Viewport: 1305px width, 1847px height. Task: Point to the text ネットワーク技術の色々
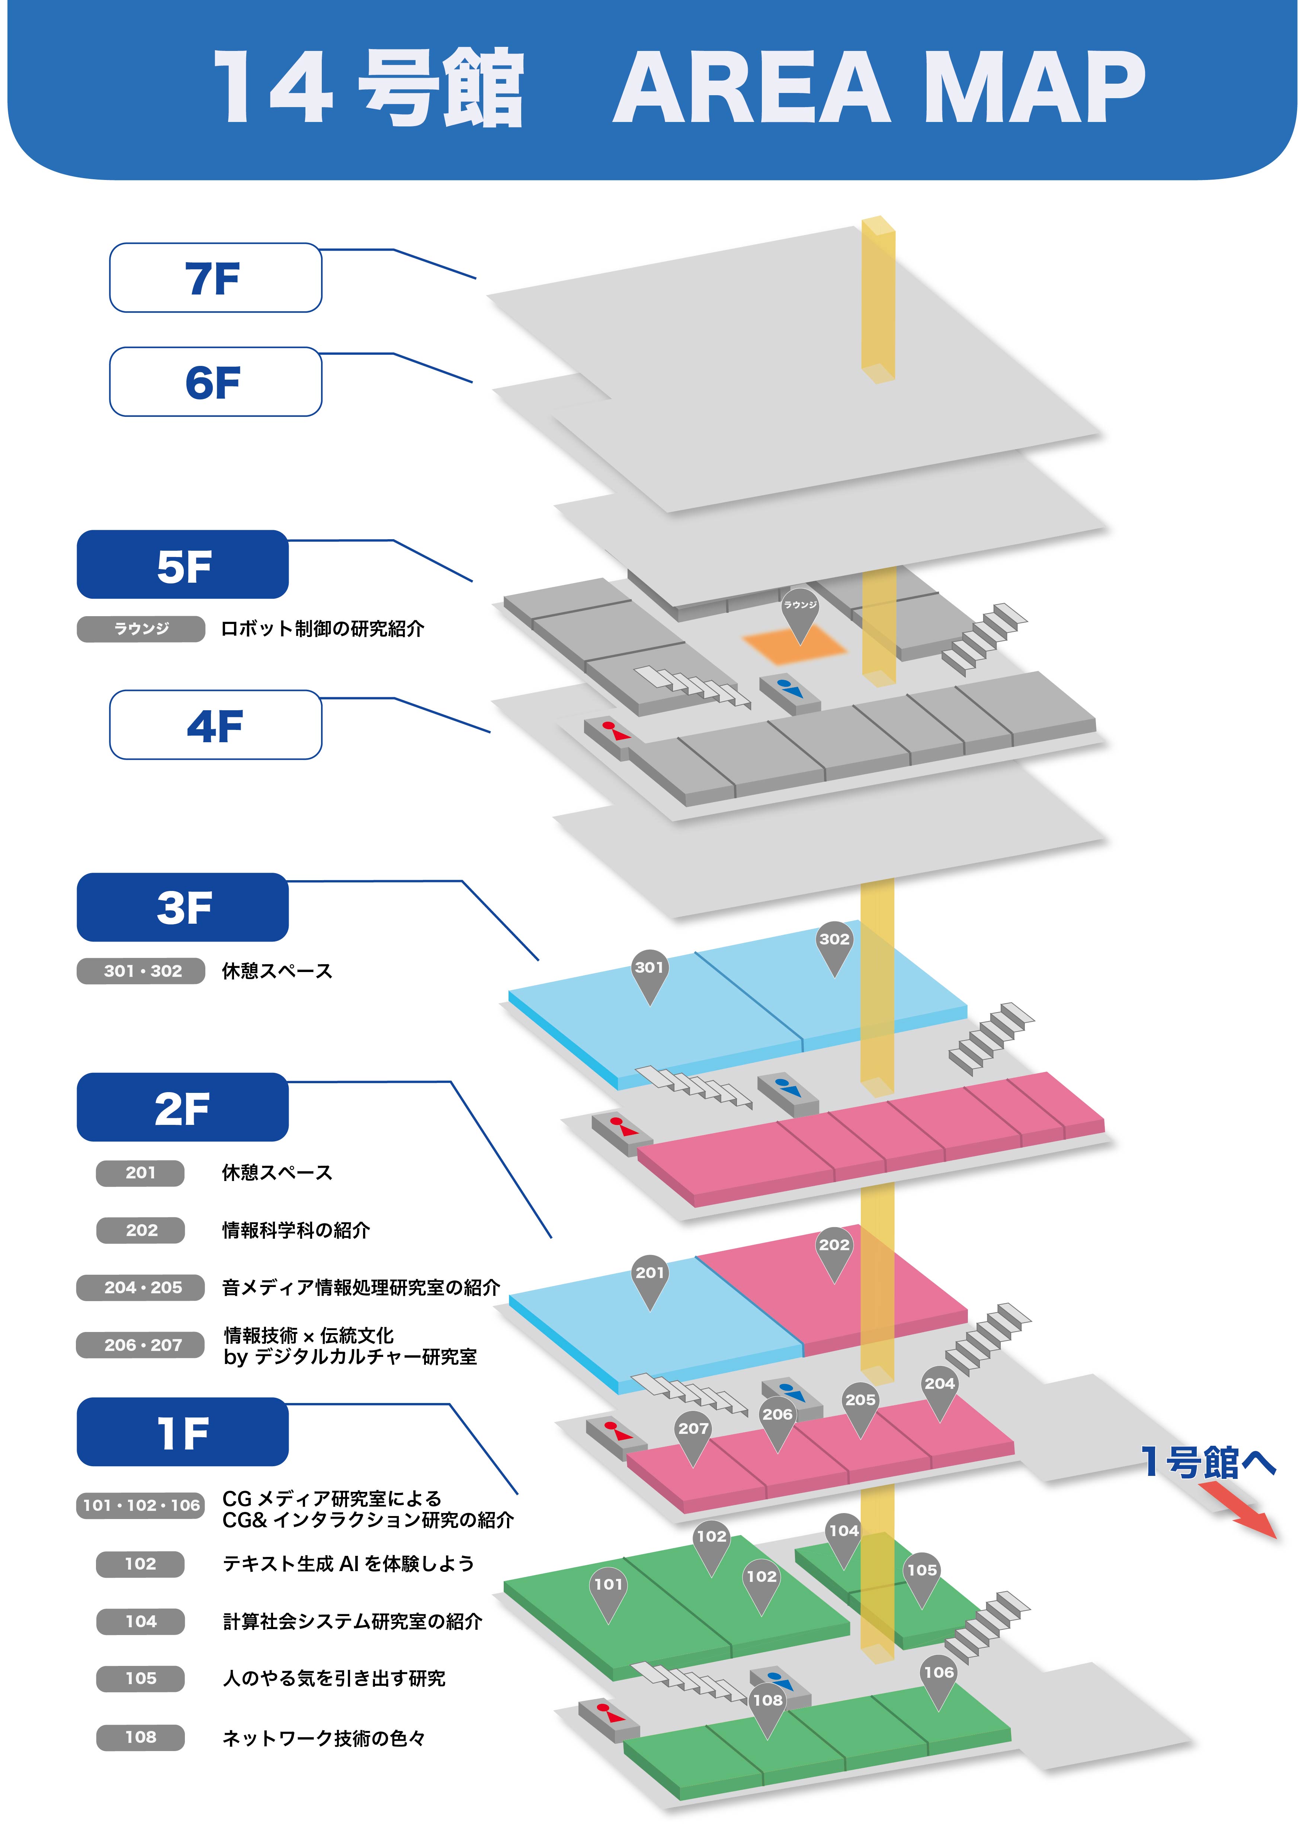click(x=323, y=1738)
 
